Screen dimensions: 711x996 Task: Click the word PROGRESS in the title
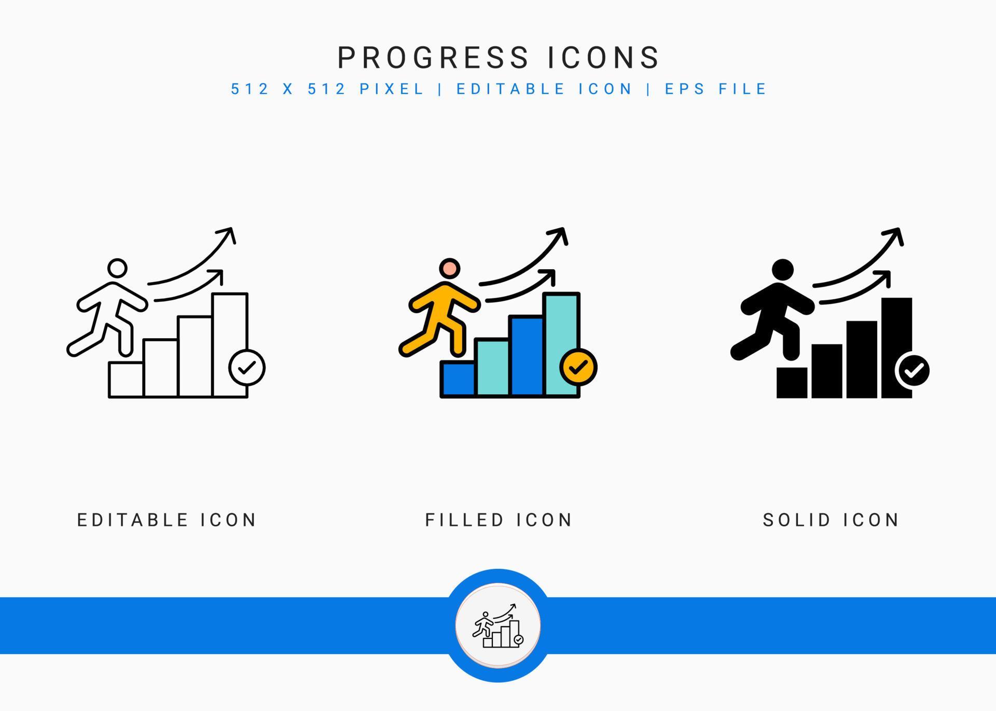pyautogui.click(x=433, y=58)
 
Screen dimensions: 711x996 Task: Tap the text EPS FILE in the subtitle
pyautogui.click(x=716, y=89)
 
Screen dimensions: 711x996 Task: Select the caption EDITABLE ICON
pyautogui.click(x=167, y=520)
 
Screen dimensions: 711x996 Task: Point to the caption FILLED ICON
pyautogui.click(x=499, y=520)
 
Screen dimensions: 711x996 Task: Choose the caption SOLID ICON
pyautogui.click(x=831, y=520)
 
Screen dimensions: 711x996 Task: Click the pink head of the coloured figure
pyautogui.click(x=449, y=269)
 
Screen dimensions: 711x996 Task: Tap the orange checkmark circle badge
pyautogui.click(x=578, y=367)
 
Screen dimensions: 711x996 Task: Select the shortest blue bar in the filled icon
pyautogui.click(x=458, y=379)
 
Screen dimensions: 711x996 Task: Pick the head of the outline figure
pyautogui.click(x=117, y=269)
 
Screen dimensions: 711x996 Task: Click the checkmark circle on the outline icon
pyautogui.click(x=247, y=368)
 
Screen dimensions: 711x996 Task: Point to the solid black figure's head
pyautogui.click(x=783, y=270)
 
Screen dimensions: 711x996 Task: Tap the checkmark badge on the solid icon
pyautogui.click(x=913, y=370)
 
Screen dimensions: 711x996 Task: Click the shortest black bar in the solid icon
pyautogui.click(x=792, y=383)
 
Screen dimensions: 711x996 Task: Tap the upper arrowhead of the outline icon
pyautogui.click(x=228, y=234)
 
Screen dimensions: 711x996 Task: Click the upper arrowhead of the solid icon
pyautogui.click(x=895, y=235)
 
